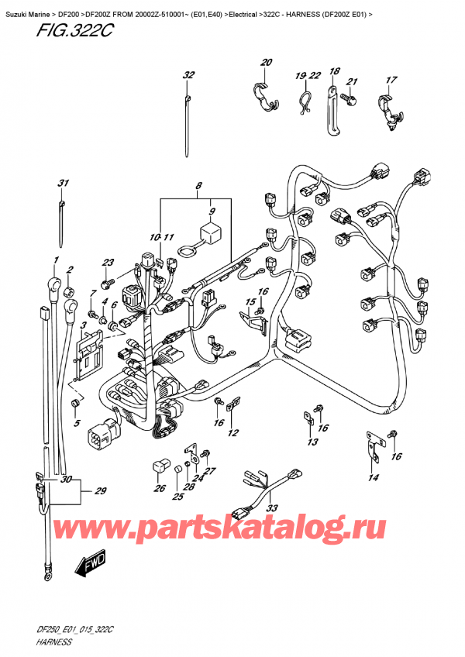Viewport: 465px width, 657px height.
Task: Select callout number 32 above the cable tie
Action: [x=188, y=75]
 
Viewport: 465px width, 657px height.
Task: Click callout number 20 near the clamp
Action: [x=266, y=63]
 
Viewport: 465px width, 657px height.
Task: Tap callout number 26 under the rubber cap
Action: [x=160, y=488]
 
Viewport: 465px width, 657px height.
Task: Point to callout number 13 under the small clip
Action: [x=312, y=442]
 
